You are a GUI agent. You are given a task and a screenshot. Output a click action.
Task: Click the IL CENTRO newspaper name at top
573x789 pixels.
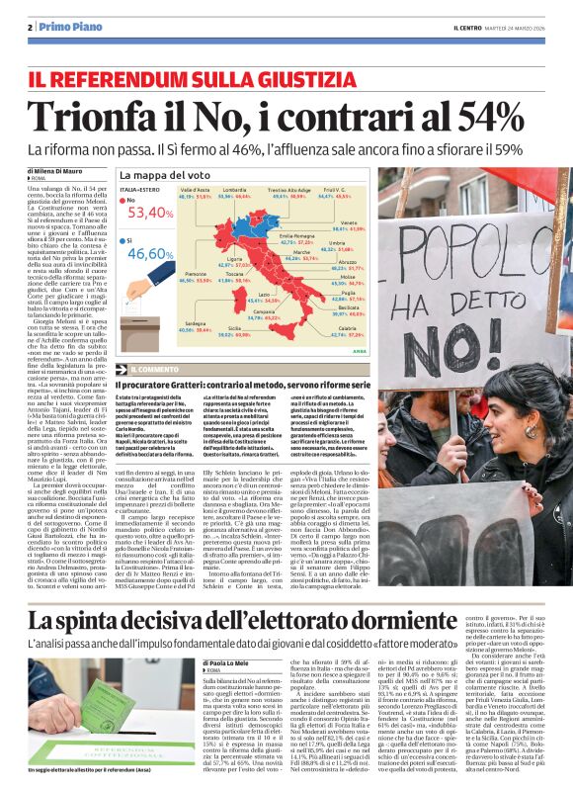(x=468, y=26)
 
